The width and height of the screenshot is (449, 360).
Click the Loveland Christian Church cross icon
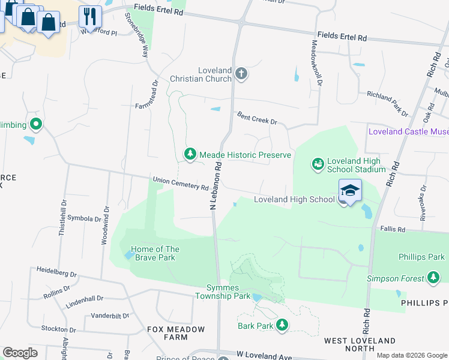tap(241, 74)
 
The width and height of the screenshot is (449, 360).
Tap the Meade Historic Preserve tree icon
tap(190, 155)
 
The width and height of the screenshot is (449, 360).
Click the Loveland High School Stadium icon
tap(318, 164)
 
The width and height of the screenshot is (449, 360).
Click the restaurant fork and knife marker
tap(90, 16)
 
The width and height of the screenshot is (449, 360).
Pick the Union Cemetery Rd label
tap(180, 184)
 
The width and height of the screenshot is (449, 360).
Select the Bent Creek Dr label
tap(256, 118)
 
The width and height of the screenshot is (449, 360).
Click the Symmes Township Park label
tap(223, 291)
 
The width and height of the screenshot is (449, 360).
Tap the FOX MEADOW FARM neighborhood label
tap(176, 334)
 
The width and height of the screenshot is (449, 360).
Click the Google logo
tap(20, 353)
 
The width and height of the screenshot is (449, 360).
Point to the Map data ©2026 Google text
tap(411, 355)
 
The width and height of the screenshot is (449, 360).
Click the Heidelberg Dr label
tap(56, 272)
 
